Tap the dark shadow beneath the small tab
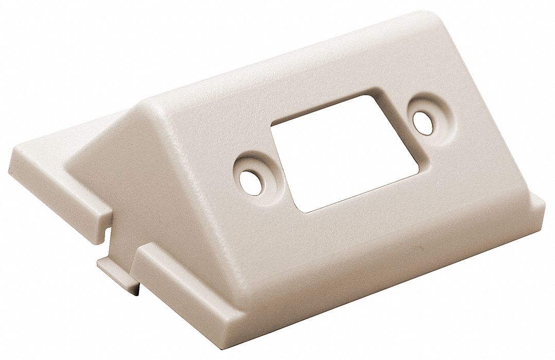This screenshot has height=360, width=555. click(x=136, y=292)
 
